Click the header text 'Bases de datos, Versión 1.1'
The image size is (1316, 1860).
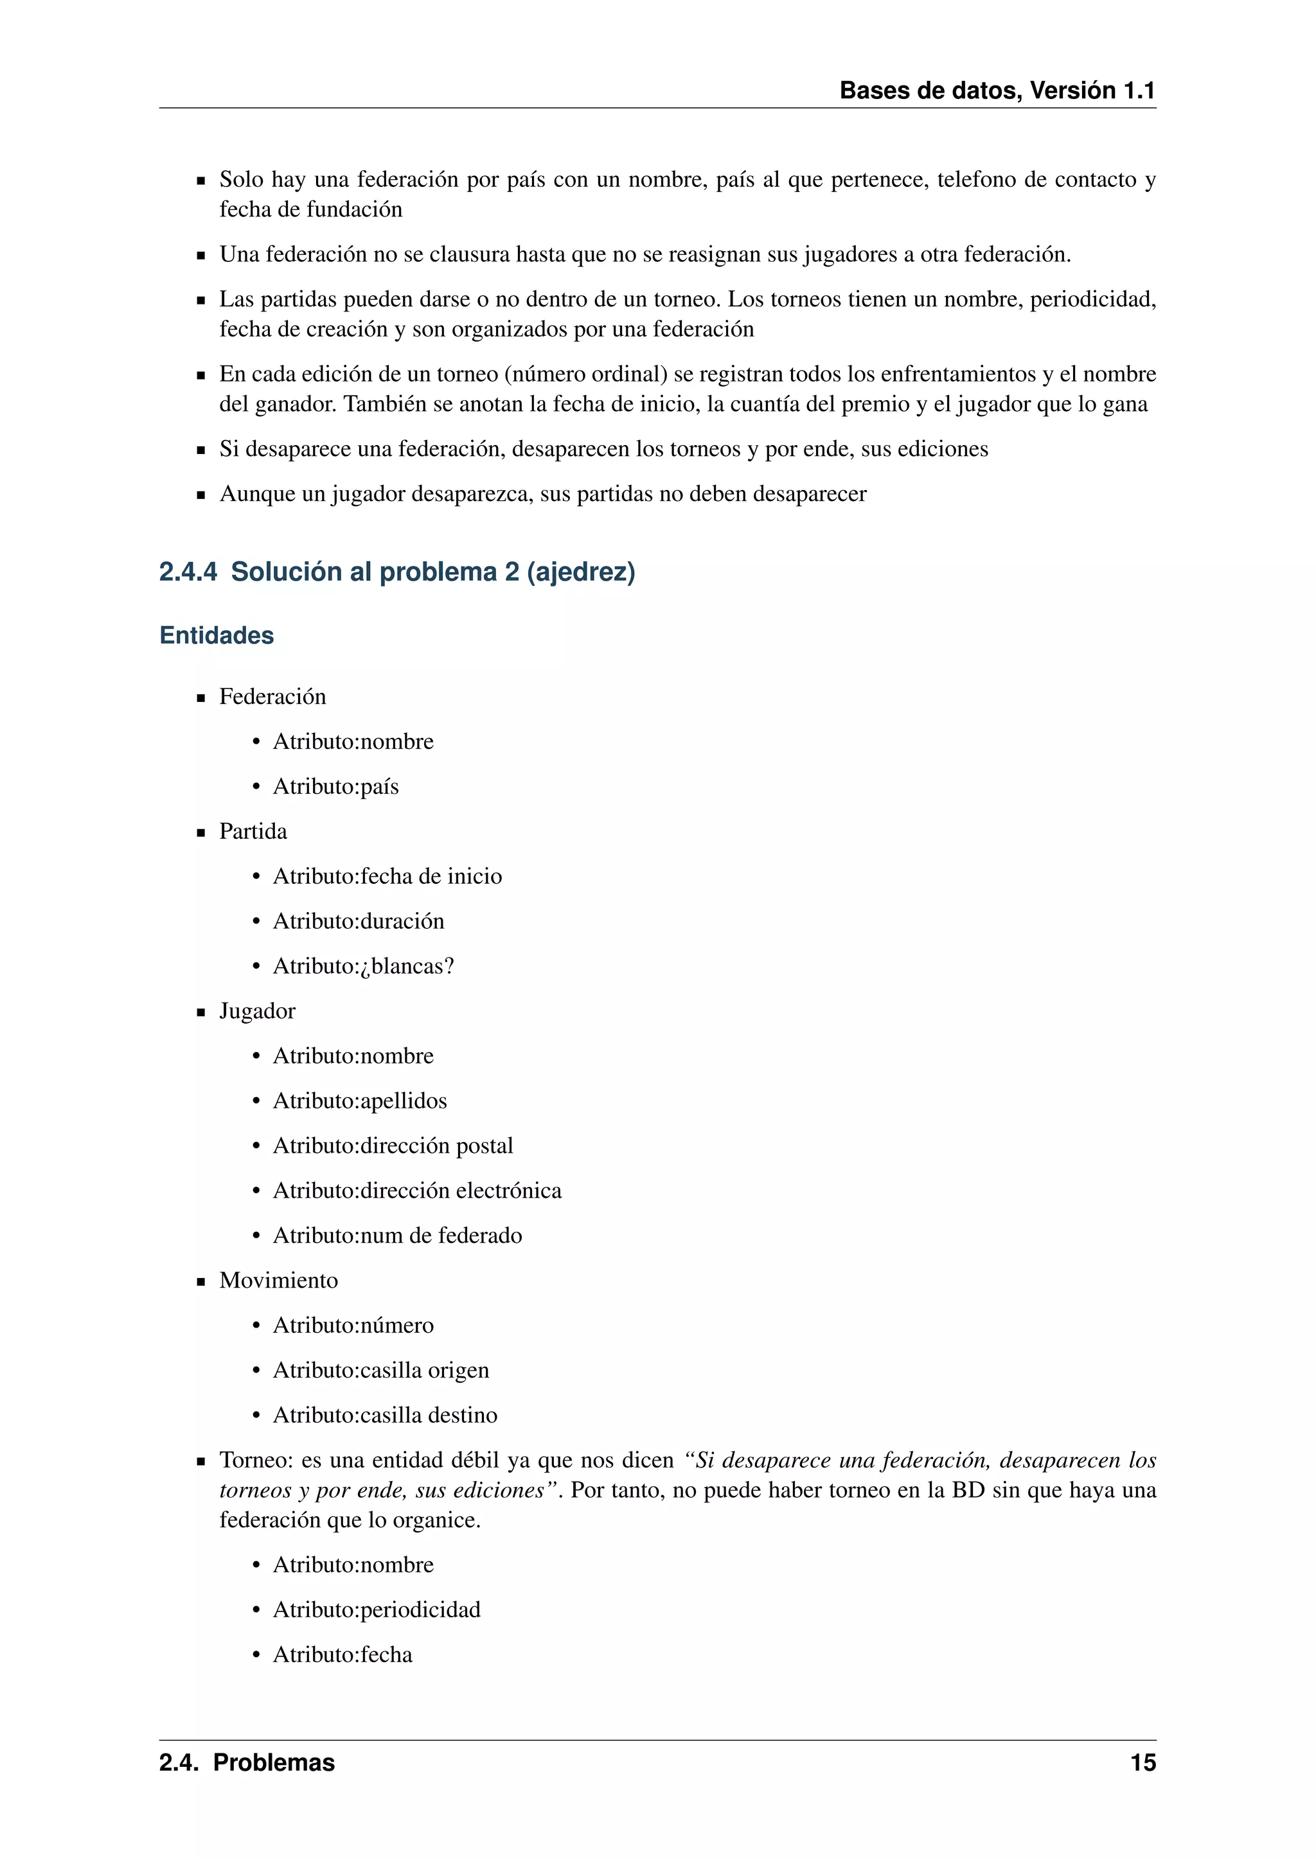click(997, 90)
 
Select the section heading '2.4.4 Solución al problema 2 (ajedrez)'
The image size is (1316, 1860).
click(397, 572)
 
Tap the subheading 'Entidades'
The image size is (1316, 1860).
click(217, 635)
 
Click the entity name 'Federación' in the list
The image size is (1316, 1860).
click(272, 697)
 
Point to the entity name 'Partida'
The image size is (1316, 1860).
click(253, 831)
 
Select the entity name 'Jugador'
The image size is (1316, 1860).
click(257, 1011)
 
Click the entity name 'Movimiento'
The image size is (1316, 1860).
click(278, 1280)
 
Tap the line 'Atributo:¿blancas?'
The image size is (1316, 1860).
click(363, 965)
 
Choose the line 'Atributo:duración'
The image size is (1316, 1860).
click(358, 921)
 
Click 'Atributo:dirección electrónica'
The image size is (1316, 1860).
click(416, 1190)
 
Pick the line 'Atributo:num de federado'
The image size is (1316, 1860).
click(397, 1236)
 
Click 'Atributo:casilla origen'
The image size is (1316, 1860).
click(381, 1370)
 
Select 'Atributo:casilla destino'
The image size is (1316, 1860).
click(385, 1414)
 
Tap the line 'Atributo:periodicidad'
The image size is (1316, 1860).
click(376, 1609)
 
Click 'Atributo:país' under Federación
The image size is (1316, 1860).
click(335, 787)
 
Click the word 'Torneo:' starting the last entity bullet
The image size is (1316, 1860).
click(255, 1460)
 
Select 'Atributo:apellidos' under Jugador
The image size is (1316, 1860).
click(360, 1101)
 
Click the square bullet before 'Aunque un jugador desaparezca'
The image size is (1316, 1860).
click(201, 495)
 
